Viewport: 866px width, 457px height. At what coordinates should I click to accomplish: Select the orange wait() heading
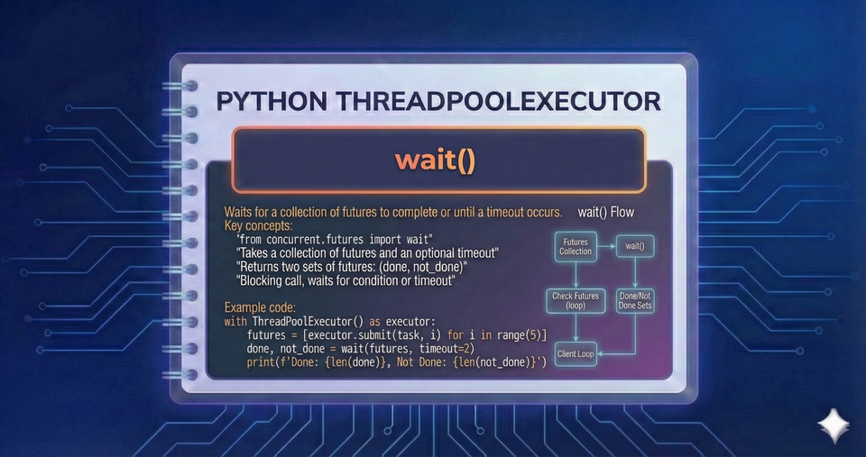435,160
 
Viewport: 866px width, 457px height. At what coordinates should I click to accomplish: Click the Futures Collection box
576,246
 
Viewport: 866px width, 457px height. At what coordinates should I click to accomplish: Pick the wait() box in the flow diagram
635,246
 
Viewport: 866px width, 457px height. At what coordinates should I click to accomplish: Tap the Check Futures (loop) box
576,300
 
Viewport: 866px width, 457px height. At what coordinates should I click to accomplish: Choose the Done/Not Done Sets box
635,300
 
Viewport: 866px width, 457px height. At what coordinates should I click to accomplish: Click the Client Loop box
576,353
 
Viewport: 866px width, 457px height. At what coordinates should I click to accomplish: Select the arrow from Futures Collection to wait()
605,245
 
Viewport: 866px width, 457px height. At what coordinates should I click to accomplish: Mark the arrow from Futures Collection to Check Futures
576,273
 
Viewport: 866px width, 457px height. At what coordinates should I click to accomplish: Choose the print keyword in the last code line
262,362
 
